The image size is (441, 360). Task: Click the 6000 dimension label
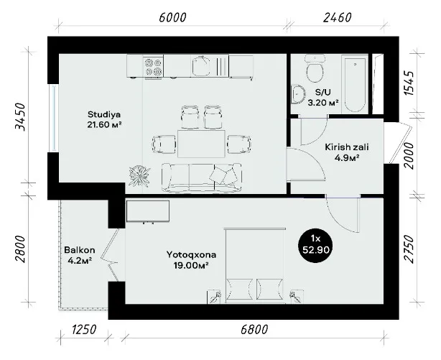pos(172,17)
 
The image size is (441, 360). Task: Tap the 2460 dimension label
pos(338,17)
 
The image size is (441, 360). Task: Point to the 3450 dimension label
pos(20,117)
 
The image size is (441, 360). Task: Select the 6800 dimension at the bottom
pos(254,329)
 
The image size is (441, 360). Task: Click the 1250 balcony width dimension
pos(84,329)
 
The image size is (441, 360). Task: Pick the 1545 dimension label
pos(409,83)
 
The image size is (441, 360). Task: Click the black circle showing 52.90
pos(315,246)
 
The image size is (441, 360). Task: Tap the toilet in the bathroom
pos(315,68)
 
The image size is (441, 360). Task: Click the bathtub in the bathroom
pos(355,83)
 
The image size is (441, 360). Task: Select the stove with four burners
pos(153,67)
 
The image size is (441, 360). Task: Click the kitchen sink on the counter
pos(201,66)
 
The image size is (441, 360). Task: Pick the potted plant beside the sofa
pos(139,176)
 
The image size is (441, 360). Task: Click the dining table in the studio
pos(201,144)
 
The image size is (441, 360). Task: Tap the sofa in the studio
pos(201,178)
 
